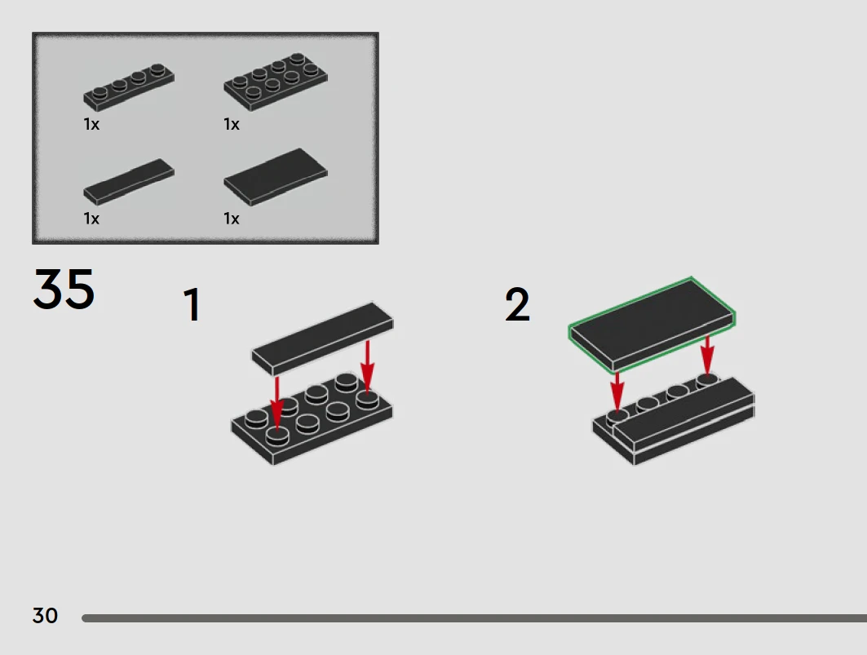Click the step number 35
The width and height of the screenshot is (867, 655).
pyautogui.click(x=64, y=289)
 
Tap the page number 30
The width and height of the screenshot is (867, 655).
pyautogui.click(x=45, y=616)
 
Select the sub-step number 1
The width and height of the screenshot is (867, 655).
pyautogui.click(x=192, y=304)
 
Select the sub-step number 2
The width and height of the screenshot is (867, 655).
pyautogui.click(x=518, y=304)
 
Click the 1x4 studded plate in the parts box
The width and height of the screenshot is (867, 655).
pyautogui.click(x=129, y=88)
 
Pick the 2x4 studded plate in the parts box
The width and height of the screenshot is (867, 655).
pyautogui.click(x=276, y=82)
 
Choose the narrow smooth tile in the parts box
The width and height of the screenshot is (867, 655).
pyautogui.click(x=129, y=182)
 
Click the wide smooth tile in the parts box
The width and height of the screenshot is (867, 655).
pyautogui.click(x=276, y=177)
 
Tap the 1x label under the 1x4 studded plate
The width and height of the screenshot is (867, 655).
pyautogui.click(x=92, y=125)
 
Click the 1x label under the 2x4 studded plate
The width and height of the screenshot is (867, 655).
pyautogui.click(x=232, y=125)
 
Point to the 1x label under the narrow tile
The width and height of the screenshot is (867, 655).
pyautogui.click(x=92, y=219)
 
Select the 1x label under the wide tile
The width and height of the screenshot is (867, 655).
pyautogui.click(x=232, y=219)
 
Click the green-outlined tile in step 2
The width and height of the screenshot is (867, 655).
pyautogui.click(x=652, y=324)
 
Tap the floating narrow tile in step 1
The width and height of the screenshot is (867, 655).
pyautogui.click(x=323, y=339)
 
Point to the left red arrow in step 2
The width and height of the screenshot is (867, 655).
pyautogui.click(x=617, y=392)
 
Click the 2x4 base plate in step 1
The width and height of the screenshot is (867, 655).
pyautogui.click(x=312, y=419)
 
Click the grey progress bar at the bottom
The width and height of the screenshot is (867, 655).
pyautogui.click(x=475, y=618)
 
